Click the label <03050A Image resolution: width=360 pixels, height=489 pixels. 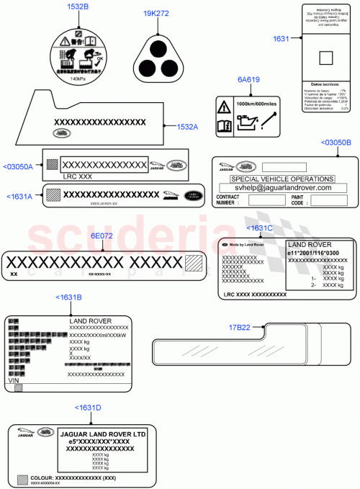pyautogui.click(x=19, y=166)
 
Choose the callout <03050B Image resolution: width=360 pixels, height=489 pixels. pyautogui.click(x=336, y=143)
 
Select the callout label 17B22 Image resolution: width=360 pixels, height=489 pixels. pyautogui.click(x=239, y=327)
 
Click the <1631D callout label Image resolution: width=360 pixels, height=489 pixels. pyautogui.click(x=89, y=408)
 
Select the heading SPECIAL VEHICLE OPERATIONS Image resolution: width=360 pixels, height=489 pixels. pyautogui.click(x=282, y=179)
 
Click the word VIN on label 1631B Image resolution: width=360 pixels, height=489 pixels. pyautogui.click(x=14, y=379)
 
